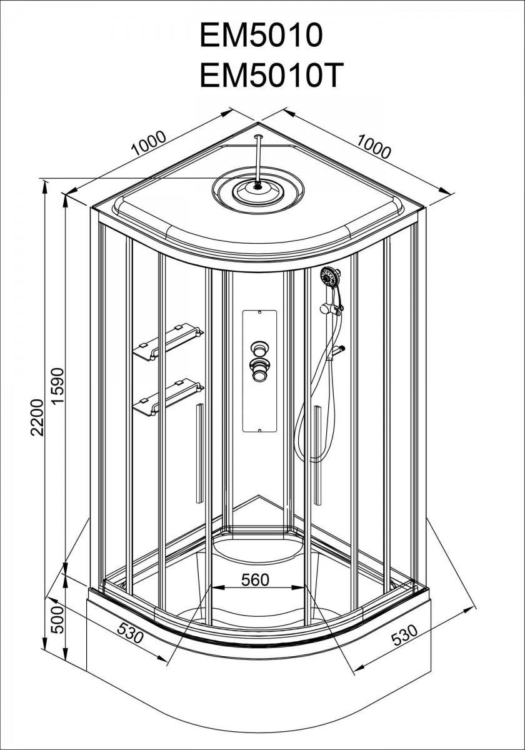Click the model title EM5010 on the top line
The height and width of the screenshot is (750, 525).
pos(261,35)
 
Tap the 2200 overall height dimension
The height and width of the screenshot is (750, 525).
pos(37,417)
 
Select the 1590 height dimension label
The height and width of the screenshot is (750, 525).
pos(57,386)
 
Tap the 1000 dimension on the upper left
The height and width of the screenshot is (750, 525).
pos(148,143)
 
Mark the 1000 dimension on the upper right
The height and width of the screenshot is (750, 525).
pos(373,146)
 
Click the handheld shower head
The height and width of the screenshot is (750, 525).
pos(331,277)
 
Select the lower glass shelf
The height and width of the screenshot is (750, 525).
pos(168,397)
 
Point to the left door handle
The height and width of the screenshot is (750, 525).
pos(199,453)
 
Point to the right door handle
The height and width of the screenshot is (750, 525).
pos(317,455)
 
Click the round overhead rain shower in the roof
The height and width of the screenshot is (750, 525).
pos(258,190)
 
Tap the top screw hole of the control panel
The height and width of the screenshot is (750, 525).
pos(259,312)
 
